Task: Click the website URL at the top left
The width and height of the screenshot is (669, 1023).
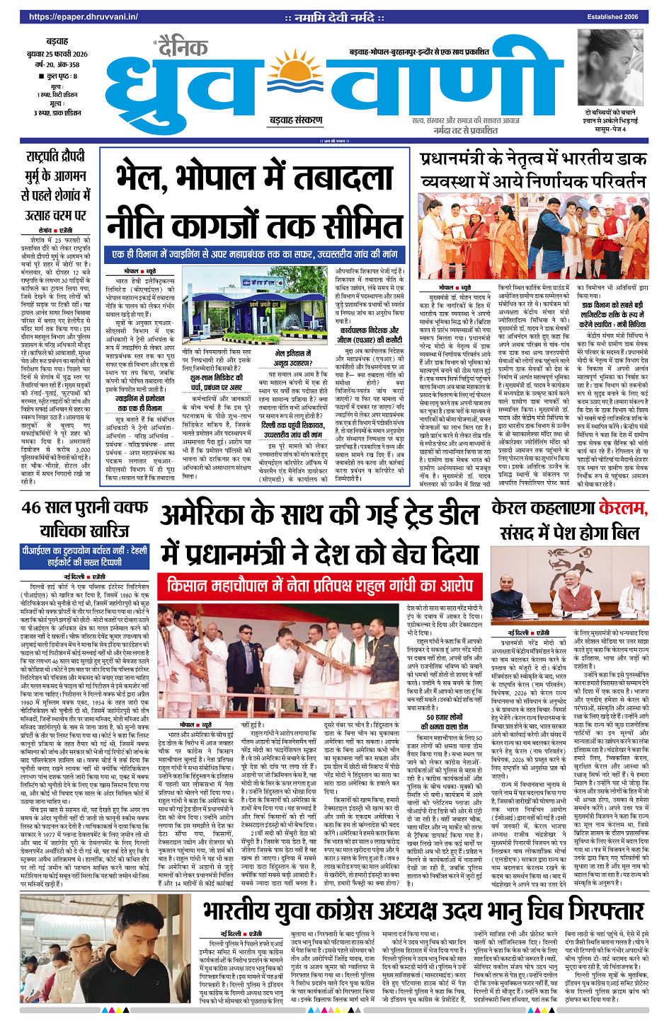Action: (x=84, y=16)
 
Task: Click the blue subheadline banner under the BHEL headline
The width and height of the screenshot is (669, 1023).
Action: (x=254, y=254)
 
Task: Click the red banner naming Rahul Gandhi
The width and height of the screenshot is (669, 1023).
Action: (x=319, y=586)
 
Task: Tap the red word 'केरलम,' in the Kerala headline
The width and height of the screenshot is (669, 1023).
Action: (x=623, y=507)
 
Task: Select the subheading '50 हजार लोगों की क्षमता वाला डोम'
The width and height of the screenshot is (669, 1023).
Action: (x=444, y=722)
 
